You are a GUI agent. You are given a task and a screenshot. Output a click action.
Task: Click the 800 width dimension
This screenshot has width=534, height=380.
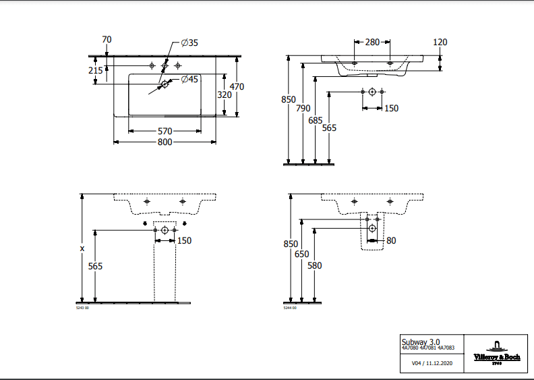(165, 142)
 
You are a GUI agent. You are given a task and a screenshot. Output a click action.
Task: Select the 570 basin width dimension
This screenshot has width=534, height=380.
(165, 131)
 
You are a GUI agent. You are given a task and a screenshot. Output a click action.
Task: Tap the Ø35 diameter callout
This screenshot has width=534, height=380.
(189, 43)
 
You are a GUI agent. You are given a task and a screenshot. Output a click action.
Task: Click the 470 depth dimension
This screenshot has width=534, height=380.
(237, 86)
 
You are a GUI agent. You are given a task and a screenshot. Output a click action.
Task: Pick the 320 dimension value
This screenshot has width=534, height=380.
(225, 95)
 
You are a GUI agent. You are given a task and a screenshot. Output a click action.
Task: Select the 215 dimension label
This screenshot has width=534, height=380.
(95, 70)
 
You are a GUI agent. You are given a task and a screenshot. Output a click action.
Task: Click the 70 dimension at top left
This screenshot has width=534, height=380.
(107, 40)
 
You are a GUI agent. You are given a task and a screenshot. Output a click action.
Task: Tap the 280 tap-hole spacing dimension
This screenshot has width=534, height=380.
(372, 42)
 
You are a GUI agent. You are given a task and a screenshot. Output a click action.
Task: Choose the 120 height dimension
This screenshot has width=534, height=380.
(440, 43)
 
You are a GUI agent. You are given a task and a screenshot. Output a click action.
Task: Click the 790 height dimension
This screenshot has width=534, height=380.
(303, 108)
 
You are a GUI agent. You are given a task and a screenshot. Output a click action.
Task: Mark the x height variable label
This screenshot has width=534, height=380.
(82, 248)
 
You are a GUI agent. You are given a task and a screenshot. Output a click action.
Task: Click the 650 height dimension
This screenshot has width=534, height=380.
(301, 254)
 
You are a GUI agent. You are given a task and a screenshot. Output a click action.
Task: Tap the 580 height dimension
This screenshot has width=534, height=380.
(315, 266)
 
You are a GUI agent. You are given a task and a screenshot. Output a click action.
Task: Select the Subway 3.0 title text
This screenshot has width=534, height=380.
(420, 342)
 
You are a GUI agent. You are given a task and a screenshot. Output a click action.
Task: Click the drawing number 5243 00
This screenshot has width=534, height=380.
(82, 308)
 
